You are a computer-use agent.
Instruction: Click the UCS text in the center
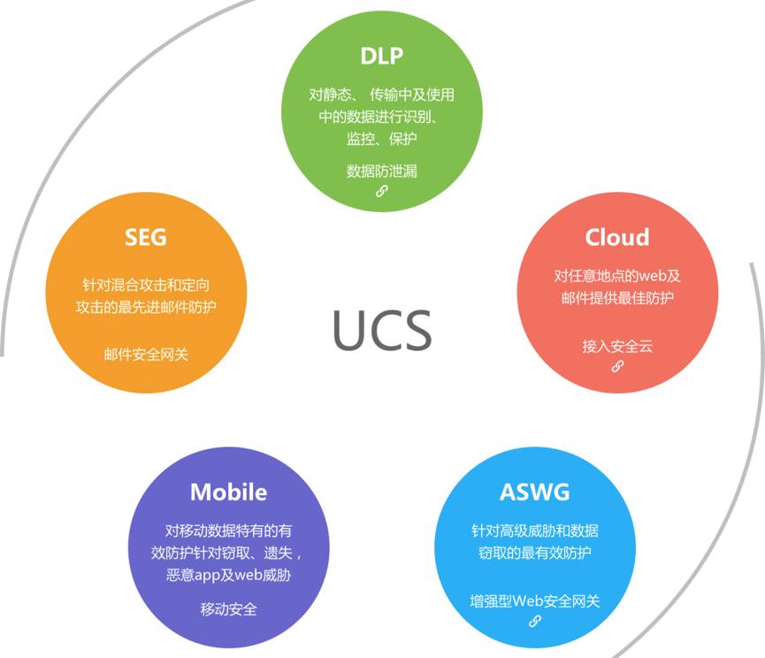point(382,330)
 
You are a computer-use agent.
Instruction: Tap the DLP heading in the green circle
point(381,56)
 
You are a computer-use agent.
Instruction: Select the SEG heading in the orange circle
point(146,238)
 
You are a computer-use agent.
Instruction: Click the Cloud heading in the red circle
point(617,238)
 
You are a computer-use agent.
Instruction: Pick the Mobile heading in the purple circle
point(228,492)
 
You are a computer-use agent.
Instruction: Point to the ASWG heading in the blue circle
point(535,492)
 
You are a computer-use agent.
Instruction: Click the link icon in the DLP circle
point(381,191)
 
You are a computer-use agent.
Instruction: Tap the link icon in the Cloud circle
point(617,366)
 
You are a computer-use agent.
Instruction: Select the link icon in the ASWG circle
point(535,621)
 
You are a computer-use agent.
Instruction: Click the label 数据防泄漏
point(381,172)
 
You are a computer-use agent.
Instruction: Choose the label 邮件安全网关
point(146,355)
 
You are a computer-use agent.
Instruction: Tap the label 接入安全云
point(617,347)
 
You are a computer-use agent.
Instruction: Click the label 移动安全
point(228,609)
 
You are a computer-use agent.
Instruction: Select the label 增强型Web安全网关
point(535,601)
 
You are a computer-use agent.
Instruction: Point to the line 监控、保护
point(381,139)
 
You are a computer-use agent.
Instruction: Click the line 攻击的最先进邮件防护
point(146,307)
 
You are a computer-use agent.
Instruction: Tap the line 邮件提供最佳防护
point(617,297)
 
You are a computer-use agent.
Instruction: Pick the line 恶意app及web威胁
point(228,575)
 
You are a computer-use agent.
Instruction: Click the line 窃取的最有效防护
point(535,553)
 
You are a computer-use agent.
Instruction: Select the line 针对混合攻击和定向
point(146,285)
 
